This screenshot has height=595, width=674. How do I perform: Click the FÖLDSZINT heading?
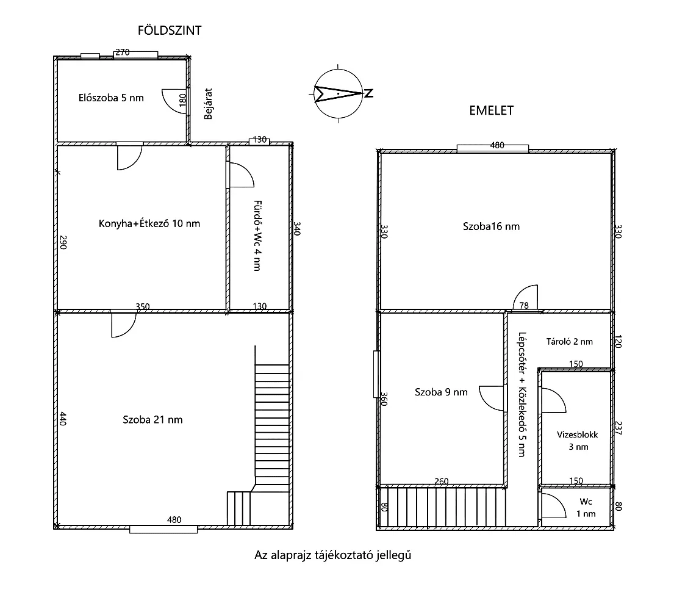pos(170,31)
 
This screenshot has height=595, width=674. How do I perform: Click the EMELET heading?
pos(491,110)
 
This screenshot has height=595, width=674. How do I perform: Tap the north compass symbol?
pos(339,94)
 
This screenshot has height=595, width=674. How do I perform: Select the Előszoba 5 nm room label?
pos(111,98)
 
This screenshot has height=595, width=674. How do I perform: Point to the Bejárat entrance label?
pos(208,104)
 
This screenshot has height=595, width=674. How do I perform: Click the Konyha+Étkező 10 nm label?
pos(149,223)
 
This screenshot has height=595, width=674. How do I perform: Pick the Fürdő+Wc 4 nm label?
pos(257,236)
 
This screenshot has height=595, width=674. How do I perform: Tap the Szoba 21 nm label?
pos(152,420)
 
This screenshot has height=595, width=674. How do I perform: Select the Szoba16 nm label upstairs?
pos(491,226)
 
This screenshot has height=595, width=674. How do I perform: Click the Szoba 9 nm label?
pos(441,392)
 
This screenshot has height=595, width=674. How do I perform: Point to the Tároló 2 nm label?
pos(569,342)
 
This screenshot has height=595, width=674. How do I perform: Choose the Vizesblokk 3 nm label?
pos(578,441)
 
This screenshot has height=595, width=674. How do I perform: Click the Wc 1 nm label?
pos(586,508)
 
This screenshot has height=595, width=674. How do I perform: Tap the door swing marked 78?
pos(525,297)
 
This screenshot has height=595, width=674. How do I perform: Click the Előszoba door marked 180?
pos(174,101)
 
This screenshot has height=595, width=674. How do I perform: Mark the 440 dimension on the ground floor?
pos(63,419)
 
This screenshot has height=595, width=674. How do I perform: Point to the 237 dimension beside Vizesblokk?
pos(618,428)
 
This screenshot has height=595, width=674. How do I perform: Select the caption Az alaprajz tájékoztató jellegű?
pos(332,555)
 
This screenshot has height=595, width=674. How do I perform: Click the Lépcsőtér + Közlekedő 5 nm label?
pos(522,394)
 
